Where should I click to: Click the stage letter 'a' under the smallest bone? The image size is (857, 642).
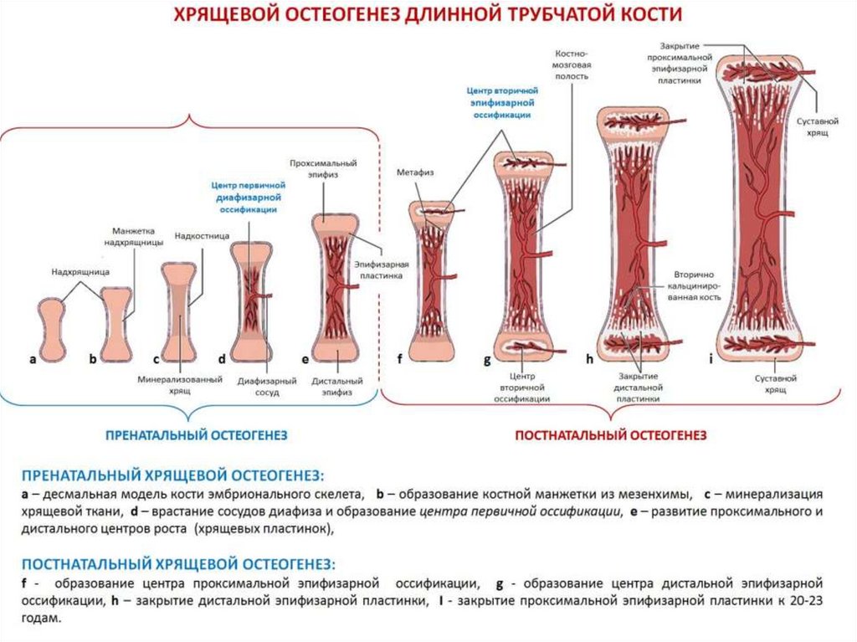pyautogui.click(x=33, y=360)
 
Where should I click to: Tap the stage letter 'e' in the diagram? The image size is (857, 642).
pyautogui.click(x=305, y=360)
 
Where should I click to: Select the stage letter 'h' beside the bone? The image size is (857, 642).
pyautogui.click(x=589, y=359)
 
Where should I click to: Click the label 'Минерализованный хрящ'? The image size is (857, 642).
pyautogui.click(x=180, y=385)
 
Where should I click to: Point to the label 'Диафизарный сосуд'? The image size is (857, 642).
pyautogui.click(x=268, y=385)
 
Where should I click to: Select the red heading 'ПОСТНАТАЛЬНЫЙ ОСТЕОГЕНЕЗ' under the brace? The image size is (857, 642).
pyautogui.click(x=610, y=435)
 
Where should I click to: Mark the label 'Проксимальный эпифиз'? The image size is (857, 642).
pyautogui.click(x=323, y=167)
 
